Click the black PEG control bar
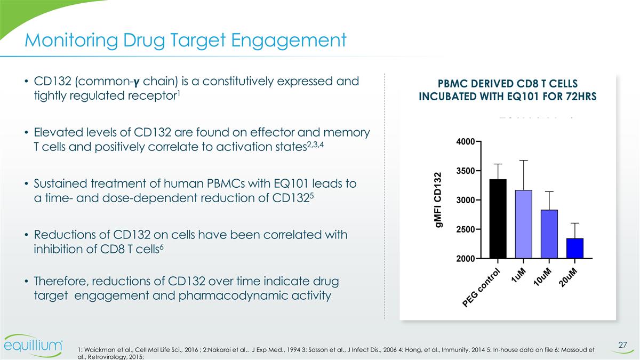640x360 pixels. pos(498,219)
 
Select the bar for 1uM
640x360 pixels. pos(524,224)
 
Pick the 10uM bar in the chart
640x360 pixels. pos(549,234)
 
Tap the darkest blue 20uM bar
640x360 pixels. pos(574,248)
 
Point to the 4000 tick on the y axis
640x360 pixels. pos(466,142)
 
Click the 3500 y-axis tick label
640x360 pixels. pos(466,171)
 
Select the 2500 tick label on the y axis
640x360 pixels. pos(466,229)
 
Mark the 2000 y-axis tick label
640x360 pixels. pos(466,259)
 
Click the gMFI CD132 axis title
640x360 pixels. pos(439,201)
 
